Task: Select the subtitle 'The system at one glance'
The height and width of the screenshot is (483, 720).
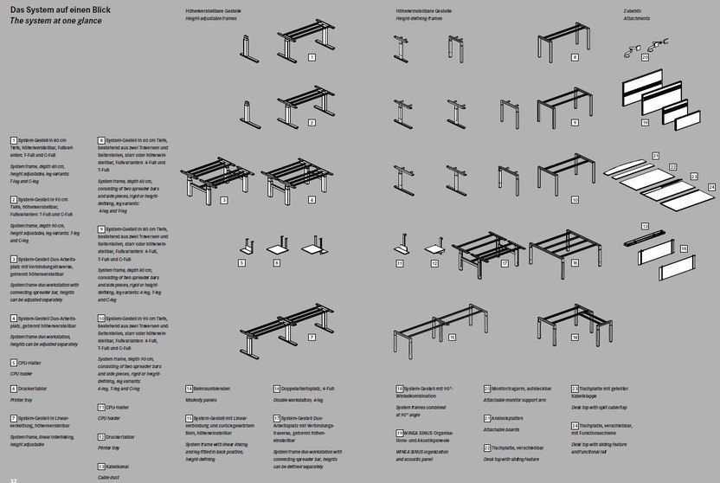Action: tap(50, 19)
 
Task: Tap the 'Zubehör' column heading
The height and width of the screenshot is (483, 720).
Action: tap(632, 10)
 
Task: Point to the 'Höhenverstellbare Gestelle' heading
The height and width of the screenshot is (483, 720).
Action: tap(213, 10)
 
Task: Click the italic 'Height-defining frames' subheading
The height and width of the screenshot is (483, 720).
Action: tap(420, 17)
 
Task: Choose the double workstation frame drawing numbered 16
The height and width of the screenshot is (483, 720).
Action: tap(562, 247)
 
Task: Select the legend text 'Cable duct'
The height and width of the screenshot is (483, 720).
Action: tap(108, 476)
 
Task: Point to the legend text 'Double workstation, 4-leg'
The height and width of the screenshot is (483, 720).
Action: tap(298, 401)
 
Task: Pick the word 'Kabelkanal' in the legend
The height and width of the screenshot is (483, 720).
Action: tap(119, 467)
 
